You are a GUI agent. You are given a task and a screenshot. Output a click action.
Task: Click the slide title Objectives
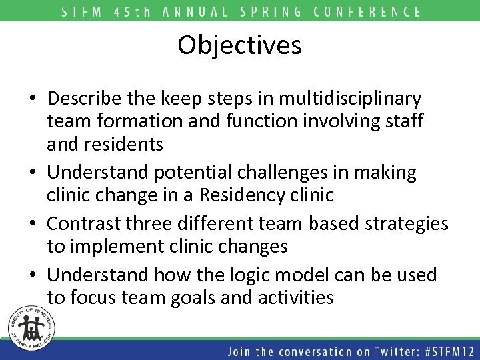(240, 45)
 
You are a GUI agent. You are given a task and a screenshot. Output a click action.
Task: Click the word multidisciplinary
(351, 99)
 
